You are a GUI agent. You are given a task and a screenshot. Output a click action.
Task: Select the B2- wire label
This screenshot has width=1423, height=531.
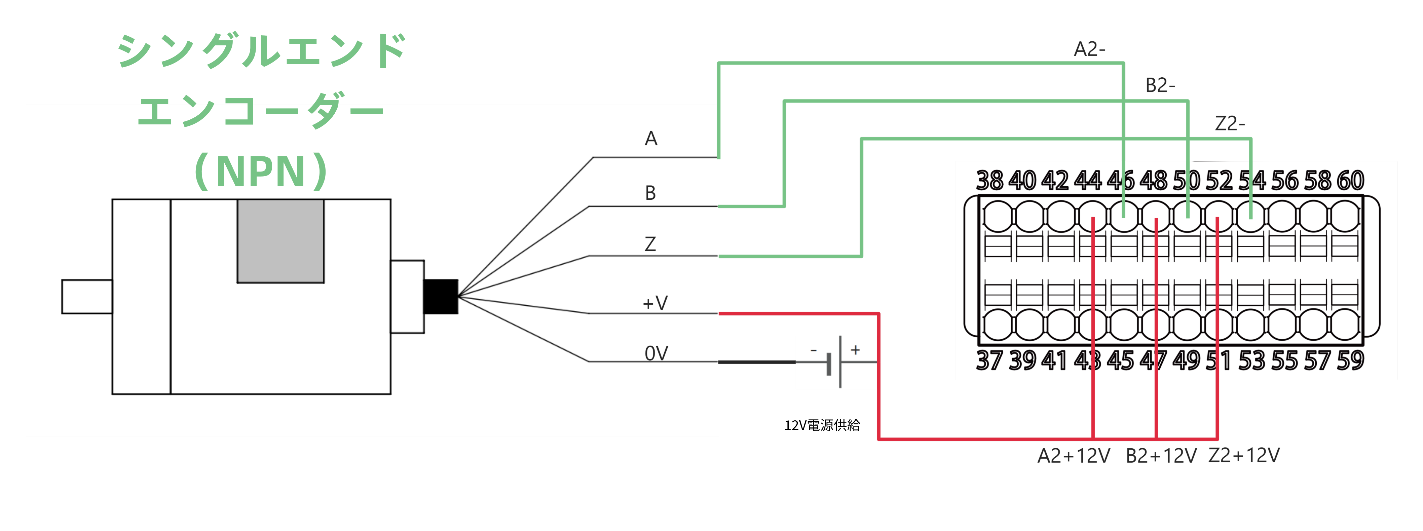[x=1160, y=86]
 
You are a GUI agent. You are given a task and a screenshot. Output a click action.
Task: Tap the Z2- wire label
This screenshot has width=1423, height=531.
[x=1230, y=123]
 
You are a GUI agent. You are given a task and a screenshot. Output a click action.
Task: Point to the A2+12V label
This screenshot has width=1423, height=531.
[x=1073, y=456]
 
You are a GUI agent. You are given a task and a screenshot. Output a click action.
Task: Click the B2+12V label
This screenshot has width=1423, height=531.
[x=1161, y=456]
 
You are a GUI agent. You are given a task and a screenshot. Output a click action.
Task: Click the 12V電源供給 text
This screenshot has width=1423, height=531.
[x=822, y=425]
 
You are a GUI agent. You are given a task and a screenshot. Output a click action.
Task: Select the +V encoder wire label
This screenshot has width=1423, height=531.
[x=655, y=303]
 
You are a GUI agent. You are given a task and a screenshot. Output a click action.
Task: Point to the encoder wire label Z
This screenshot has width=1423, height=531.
[x=650, y=244]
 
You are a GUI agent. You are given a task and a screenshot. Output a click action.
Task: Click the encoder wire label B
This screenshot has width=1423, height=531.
[x=650, y=193]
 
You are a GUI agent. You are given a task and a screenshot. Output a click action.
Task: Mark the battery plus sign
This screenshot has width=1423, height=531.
[x=855, y=350]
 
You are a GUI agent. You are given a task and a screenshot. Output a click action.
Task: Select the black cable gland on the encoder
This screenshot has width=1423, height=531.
[x=440, y=297]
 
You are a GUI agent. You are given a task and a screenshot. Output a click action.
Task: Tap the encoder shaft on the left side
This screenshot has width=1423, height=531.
[x=87, y=297]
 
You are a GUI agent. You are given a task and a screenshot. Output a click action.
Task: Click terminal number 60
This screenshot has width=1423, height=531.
[x=1350, y=181]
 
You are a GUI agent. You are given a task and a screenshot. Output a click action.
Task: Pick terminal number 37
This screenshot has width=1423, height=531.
[x=989, y=360]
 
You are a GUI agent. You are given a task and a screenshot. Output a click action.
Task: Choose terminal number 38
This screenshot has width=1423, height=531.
[x=989, y=181]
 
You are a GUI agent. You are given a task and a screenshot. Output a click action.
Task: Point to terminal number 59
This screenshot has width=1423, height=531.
[x=1350, y=360]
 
